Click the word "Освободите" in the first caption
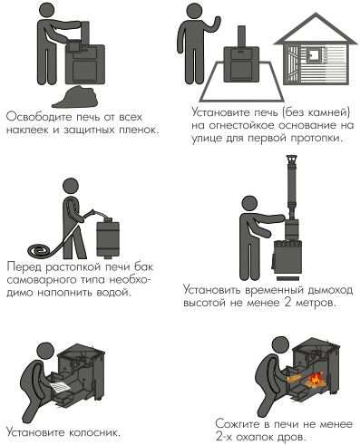click(39, 117)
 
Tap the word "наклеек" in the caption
click(27, 130)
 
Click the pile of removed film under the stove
click(75, 97)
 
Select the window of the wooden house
click(313, 56)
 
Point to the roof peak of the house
click(316, 14)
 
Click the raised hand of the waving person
click(217, 22)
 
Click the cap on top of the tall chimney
click(291, 160)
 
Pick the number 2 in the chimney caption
click(287, 302)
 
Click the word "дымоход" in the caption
click(330, 290)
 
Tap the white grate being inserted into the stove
click(61, 387)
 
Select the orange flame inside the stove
click(316, 377)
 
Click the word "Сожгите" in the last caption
click(238, 424)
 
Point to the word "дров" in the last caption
click(292, 437)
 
